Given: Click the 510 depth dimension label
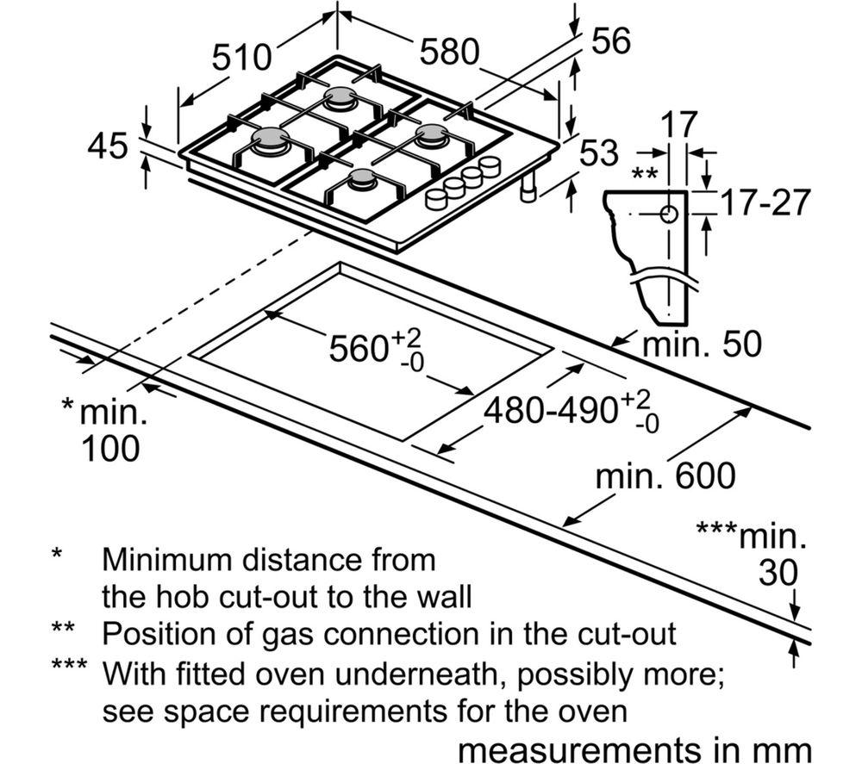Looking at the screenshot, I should [x=242, y=59].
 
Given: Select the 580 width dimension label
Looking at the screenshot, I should [x=449, y=53].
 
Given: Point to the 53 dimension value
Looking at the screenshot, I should [x=599, y=152].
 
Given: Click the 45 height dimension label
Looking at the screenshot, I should [x=109, y=146].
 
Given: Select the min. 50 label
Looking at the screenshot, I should [x=703, y=345].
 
